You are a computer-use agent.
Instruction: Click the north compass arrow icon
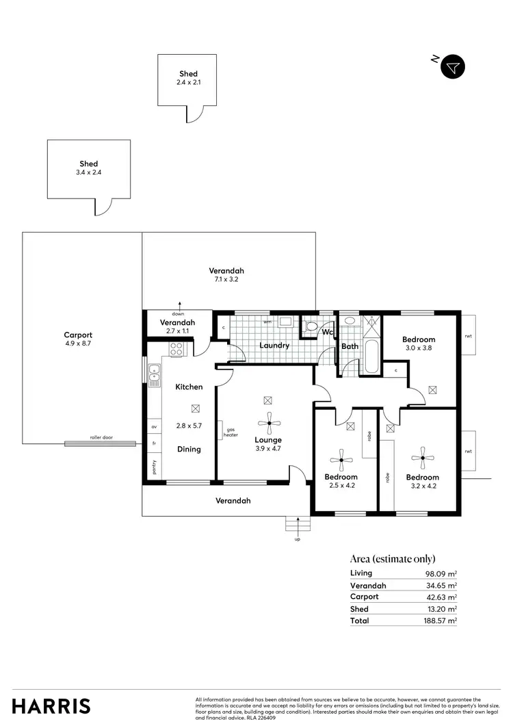[452, 67]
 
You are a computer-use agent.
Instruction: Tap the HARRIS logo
[51, 705]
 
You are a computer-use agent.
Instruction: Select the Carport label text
[78, 335]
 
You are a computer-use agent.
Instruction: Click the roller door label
[101, 437]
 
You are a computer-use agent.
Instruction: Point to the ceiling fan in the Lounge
[269, 424]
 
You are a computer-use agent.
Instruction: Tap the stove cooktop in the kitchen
[177, 348]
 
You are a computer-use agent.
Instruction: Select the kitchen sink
[154, 372]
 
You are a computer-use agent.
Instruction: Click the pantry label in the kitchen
[153, 468]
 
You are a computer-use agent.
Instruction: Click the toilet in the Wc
[313, 326]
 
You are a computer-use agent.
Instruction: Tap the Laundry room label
[274, 346]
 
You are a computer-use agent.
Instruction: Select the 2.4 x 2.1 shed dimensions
[188, 82]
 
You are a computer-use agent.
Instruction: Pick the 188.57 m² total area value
[440, 621]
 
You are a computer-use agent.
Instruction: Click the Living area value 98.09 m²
[440, 574]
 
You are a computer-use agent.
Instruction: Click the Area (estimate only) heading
[392, 558]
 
